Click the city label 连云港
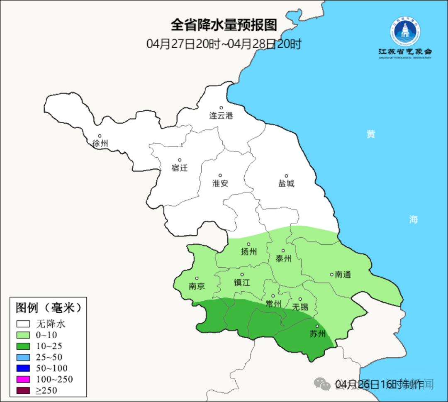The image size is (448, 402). [x=221, y=116]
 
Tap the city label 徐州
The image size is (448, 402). [x=100, y=144]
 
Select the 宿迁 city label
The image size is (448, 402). [x=180, y=168]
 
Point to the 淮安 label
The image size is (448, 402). [x=220, y=183]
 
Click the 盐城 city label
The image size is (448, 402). [x=286, y=183]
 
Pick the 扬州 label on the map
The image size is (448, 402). [x=249, y=251]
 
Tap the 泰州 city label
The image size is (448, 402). [x=283, y=258]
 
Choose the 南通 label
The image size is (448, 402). [x=343, y=274]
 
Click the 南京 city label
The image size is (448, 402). [x=197, y=286]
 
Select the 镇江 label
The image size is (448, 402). [x=242, y=282]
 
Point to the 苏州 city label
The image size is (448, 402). [x=318, y=334]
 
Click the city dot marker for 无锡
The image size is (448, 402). [x=300, y=299]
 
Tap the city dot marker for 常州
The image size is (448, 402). [x=273, y=296]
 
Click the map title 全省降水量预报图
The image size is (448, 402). [x=224, y=25]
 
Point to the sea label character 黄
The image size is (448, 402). [x=371, y=134]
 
